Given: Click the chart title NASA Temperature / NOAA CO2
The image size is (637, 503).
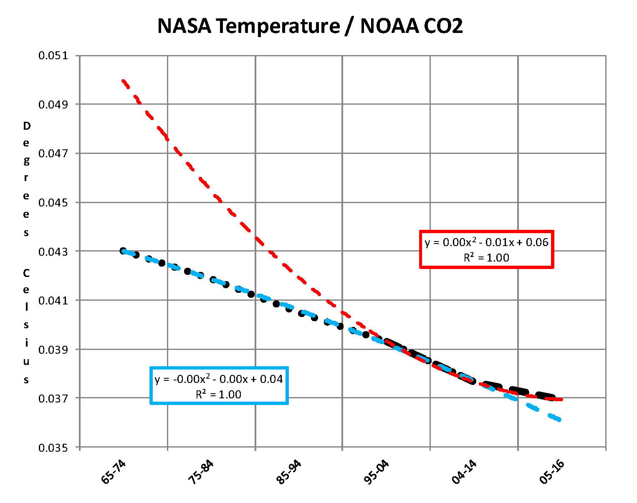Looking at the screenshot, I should [x=310, y=26].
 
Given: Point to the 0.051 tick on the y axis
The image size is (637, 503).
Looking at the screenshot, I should [x=53, y=55].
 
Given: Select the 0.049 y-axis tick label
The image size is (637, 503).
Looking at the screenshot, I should [x=53, y=104].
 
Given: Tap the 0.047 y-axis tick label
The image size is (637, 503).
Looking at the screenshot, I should [x=53, y=153].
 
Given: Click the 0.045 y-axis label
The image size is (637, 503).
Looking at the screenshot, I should [x=53, y=203].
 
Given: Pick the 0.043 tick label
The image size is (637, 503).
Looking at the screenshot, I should [x=53, y=251].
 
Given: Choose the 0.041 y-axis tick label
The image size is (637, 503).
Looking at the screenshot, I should [x=53, y=300].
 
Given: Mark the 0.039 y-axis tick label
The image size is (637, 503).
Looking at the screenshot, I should [x=53, y=350].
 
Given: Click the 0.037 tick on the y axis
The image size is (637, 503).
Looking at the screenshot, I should [x=53, y=399].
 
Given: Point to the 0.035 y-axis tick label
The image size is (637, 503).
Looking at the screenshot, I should [x=53, y=448].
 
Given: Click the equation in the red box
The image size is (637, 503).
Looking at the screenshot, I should [x=486, y=242].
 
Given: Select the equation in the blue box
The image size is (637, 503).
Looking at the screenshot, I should [x=219, y=379].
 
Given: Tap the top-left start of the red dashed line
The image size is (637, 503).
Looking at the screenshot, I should [x=123, y=80].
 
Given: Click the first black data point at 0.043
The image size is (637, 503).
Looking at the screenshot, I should [x=123, y=251].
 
